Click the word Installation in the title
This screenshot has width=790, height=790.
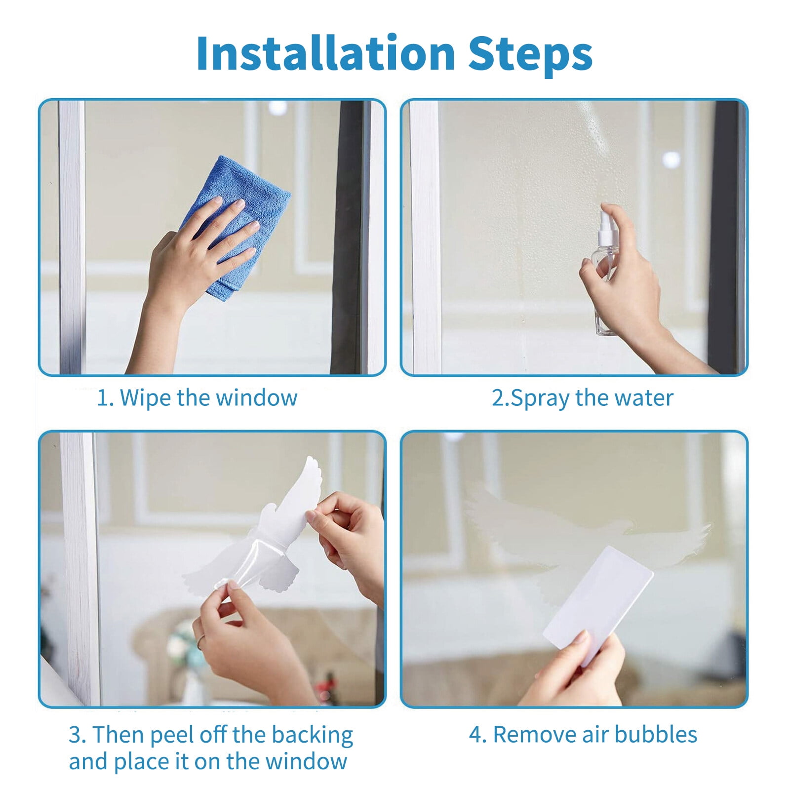325,54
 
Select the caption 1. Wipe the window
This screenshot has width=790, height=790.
197,398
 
